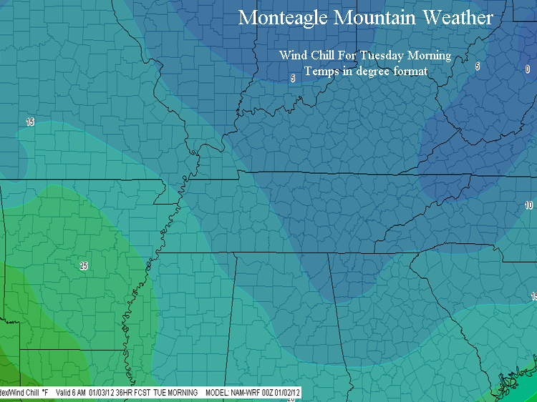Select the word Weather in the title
pos(455,17)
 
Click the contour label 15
pos(30,122)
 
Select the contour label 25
pos(84,265)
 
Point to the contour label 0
pos(528,69)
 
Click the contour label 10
pos(528,205)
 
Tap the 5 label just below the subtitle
pos(292,78)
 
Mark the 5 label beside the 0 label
pos(477,67)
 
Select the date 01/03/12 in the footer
pos(104,393)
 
